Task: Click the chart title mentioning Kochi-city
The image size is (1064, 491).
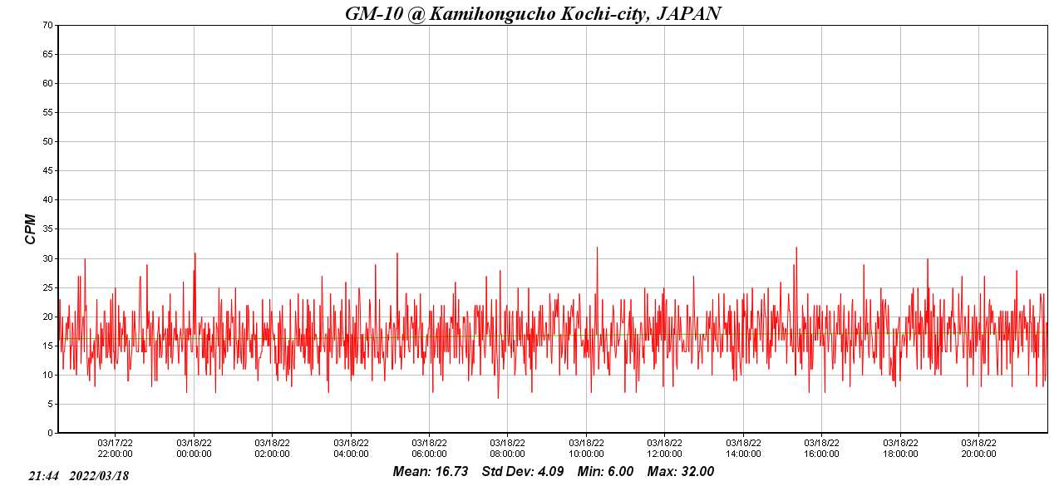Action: pyautogui.click(x=533, y=13)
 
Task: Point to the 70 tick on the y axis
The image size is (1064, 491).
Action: pyautogui.click(x=47, y=25)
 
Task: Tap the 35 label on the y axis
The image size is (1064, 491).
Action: pyautogui.click(x=47, y=229)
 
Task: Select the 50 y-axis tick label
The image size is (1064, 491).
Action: pyautogui.click(x=47, y=141)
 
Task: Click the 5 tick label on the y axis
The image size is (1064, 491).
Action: pyautogui.click(x=50, y=404)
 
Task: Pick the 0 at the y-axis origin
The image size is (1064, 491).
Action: pyautogui.click(x=50, y=433)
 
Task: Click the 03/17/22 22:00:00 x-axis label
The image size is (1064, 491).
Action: pyautogui.click(x=115, y=449)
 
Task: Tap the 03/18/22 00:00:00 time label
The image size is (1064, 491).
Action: pyautogui.click(x=194, y=449)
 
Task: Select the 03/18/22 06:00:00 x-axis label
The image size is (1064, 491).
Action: pyautogui.click(x=429, y=449)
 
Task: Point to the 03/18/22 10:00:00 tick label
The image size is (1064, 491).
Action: pyautogui.click(x=586, y=449)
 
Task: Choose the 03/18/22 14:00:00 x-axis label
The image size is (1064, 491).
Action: pyautogui.click(x=743, y=449)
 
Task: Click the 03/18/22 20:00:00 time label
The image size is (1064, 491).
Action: pyautogui.click(x=978, y=449)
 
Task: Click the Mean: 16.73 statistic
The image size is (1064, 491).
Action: pyautogui.click(x=430, y=472)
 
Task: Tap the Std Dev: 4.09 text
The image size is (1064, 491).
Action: pyautogui.click(x=523, y=472)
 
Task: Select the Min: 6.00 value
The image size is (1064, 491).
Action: pyautogui.click(x=605, y=472)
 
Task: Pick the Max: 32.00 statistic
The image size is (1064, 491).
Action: pyautogui.click(x=681, y=472)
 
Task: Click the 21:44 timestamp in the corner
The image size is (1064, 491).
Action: pyautogui.click(x=43, y=476)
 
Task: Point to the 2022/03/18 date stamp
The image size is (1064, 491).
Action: pyautogui.click(x=99, y=476)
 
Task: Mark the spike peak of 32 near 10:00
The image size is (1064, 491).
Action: pyautogui.click(x=597, y=247)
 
